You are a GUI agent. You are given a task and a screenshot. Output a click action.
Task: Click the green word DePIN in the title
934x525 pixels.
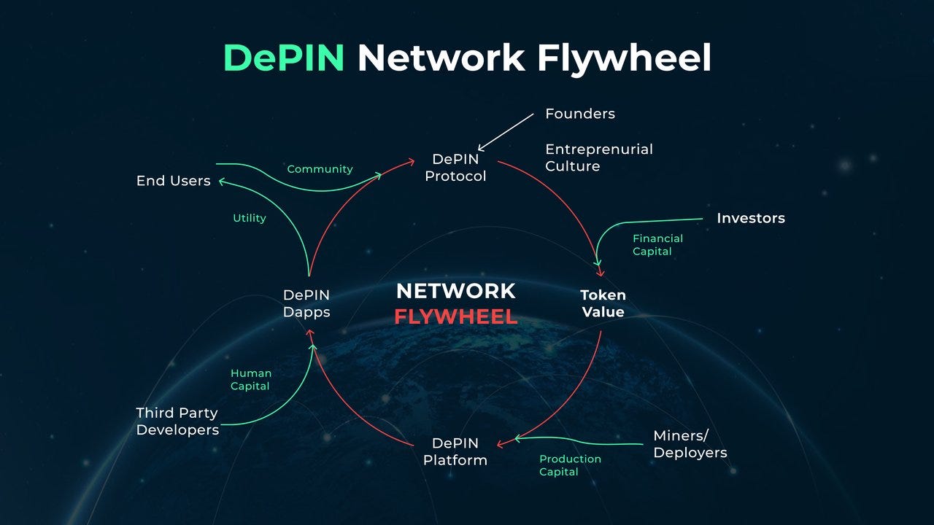click(283, 58)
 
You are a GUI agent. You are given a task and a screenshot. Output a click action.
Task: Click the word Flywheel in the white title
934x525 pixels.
click(624, 58)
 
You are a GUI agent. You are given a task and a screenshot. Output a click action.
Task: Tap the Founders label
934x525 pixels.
click(580, 114)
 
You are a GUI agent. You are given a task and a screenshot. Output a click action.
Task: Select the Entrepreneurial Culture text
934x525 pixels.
click(599, 157)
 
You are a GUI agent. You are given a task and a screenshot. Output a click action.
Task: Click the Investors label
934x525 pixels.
click(750, 218)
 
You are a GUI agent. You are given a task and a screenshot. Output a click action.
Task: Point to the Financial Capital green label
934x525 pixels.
click(657, 245)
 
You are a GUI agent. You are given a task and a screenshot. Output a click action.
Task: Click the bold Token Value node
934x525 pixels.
click(603, 304)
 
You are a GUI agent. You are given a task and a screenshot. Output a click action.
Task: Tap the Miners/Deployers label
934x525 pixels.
click(690, 444)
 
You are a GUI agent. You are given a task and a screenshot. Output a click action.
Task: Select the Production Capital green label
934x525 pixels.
click(570, 465)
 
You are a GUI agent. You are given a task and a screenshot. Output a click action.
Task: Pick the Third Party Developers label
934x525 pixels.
click(177, 421)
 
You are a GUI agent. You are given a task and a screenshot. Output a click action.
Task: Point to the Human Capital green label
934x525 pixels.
click(250, 380)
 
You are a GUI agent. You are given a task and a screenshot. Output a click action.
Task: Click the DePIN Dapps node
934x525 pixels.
click(306, 303)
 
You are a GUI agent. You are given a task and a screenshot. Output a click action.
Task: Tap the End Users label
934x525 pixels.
click(173, 181)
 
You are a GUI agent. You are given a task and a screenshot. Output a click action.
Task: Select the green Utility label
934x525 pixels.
click(249, 218)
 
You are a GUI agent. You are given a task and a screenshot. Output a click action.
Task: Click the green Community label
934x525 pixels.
click(320, 169)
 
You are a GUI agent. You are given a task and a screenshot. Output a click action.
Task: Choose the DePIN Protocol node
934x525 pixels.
click(455, 168)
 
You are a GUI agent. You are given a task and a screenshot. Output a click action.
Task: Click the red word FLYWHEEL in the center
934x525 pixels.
click(455, 317)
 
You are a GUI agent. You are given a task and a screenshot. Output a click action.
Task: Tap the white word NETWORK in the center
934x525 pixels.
click(455, 292)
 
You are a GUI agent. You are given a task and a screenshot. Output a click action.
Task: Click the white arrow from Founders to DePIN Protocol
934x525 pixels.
click(506, 131)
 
